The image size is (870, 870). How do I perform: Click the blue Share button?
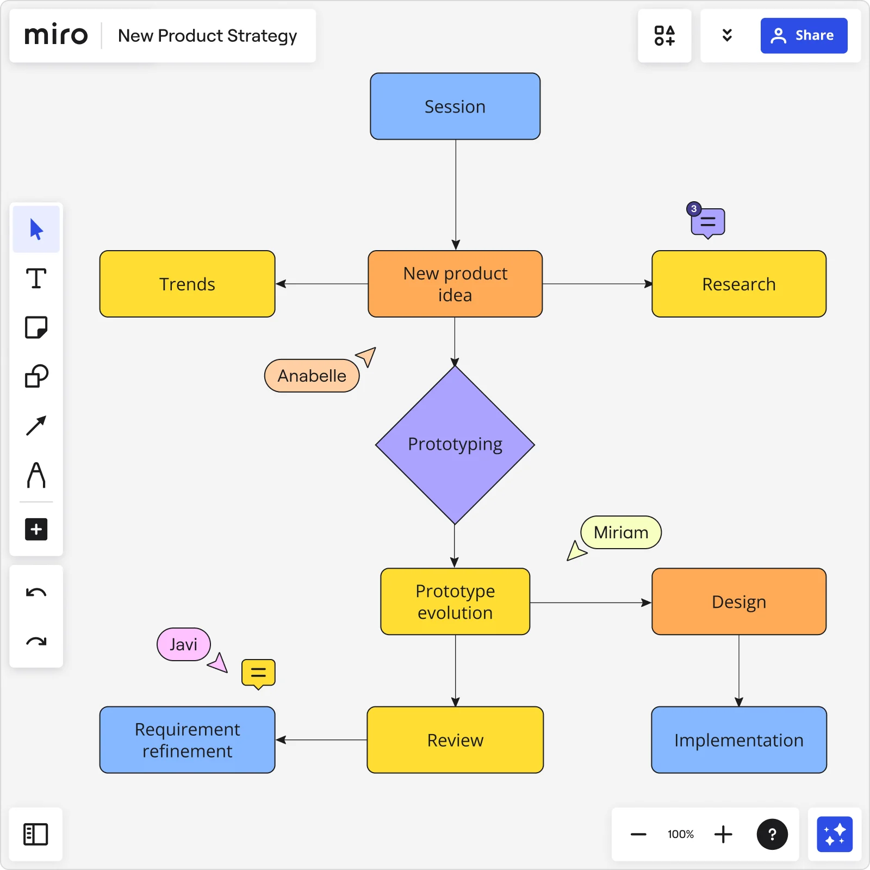803,36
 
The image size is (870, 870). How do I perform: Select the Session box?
455,107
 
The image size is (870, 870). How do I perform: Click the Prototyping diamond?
455,445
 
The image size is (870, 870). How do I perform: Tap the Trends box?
187,284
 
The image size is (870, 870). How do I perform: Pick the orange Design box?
738,602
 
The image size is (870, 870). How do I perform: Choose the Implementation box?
738,740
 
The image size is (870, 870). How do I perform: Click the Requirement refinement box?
187,740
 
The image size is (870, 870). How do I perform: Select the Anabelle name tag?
312,376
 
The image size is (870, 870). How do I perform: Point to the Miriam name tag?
621,532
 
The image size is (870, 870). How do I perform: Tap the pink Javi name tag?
183,644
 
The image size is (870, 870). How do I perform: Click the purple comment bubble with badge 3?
707,222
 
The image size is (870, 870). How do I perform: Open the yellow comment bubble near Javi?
258,673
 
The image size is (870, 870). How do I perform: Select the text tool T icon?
36,278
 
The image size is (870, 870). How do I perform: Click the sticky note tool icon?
36,327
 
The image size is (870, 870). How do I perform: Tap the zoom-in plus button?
723,834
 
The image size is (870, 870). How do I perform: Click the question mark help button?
772,834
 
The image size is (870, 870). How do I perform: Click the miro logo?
56,36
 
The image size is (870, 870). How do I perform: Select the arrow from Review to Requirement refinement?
321,740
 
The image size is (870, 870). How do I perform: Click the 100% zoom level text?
681,834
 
